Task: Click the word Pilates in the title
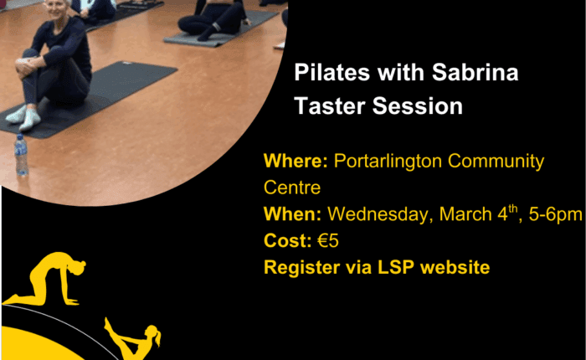(332, 72)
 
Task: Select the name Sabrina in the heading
(475, 72)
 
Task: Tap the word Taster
(329, 105)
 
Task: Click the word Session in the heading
(418, 105)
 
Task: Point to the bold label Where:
(296, 161)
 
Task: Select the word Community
(496, 161)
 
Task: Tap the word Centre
(292, 188)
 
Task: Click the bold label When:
(293, 214)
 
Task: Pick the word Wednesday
(380, 214)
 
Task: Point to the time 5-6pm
(555, 214)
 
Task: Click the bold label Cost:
(288, 241)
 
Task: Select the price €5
(328, 241)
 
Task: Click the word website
(455, 267)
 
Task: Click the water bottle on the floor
(21, 155)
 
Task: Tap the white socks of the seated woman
(24, 117)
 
